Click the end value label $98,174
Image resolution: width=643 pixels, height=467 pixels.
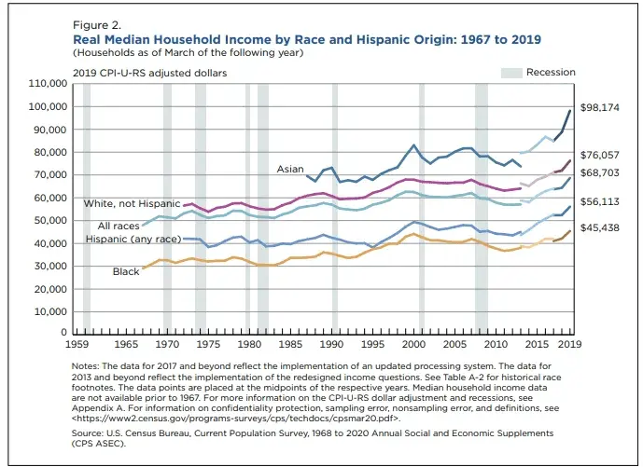coord(600,108)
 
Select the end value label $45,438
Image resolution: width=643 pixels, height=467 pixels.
coord(600,228)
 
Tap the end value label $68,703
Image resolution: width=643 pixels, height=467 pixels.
coord(600,173)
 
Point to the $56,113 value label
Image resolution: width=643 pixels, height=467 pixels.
coord(600,201)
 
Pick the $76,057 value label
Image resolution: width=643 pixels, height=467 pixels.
coord(600,155)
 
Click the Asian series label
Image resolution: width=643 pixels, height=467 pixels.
coord(289,169)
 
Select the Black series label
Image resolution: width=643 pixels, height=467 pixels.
coord(127,271)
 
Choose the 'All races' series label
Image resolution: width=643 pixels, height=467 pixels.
coord(118,226)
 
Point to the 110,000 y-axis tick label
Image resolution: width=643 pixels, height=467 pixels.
coord(47,84)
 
